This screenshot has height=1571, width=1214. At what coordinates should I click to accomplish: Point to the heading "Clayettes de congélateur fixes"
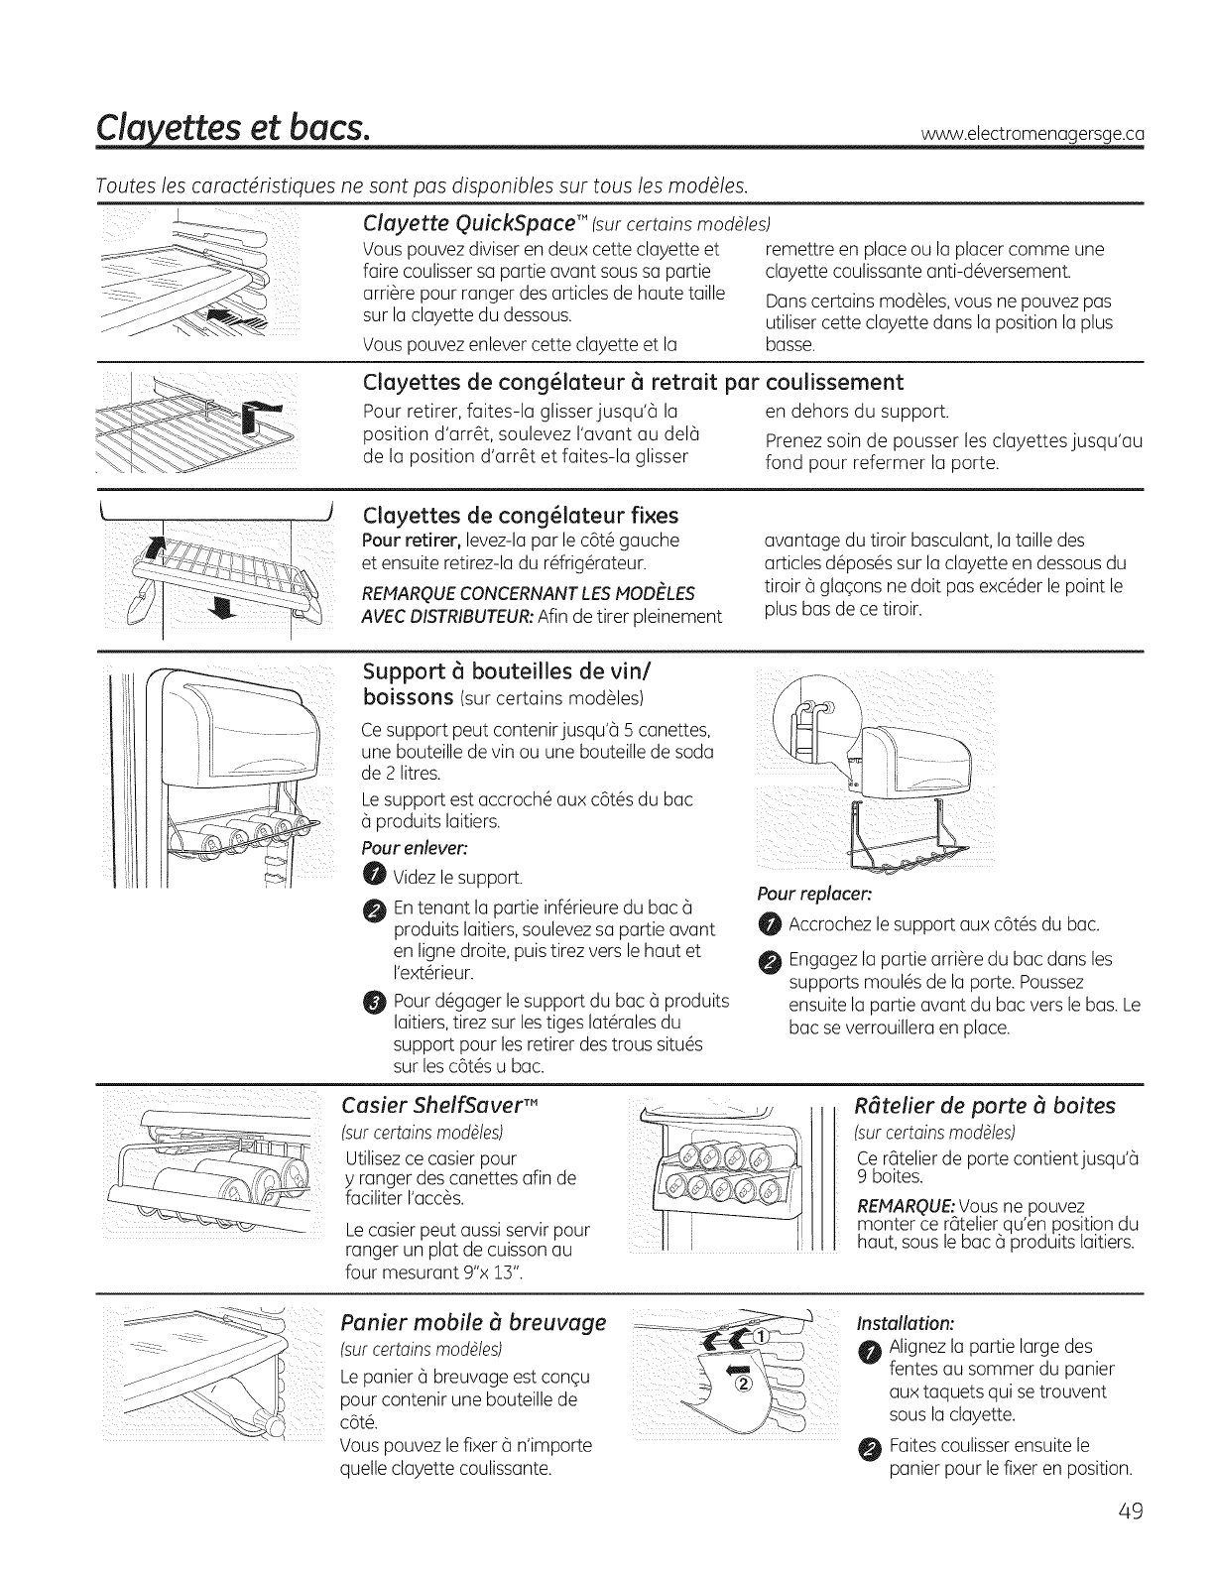click(x=522, y=516)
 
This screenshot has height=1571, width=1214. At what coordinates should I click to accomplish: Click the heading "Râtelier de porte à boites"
click(x=985, y=1106)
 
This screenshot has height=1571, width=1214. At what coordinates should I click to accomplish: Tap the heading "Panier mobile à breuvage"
click(x=472, y=1323)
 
